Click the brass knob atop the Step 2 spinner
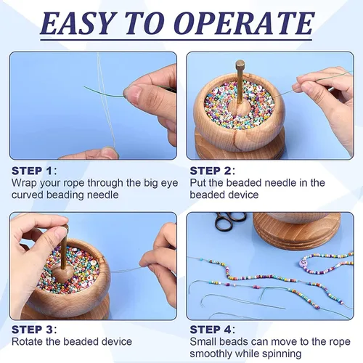[240, 64]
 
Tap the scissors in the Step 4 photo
[230, 220]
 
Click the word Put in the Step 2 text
[197, 183]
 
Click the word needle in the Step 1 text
[102, 195]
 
